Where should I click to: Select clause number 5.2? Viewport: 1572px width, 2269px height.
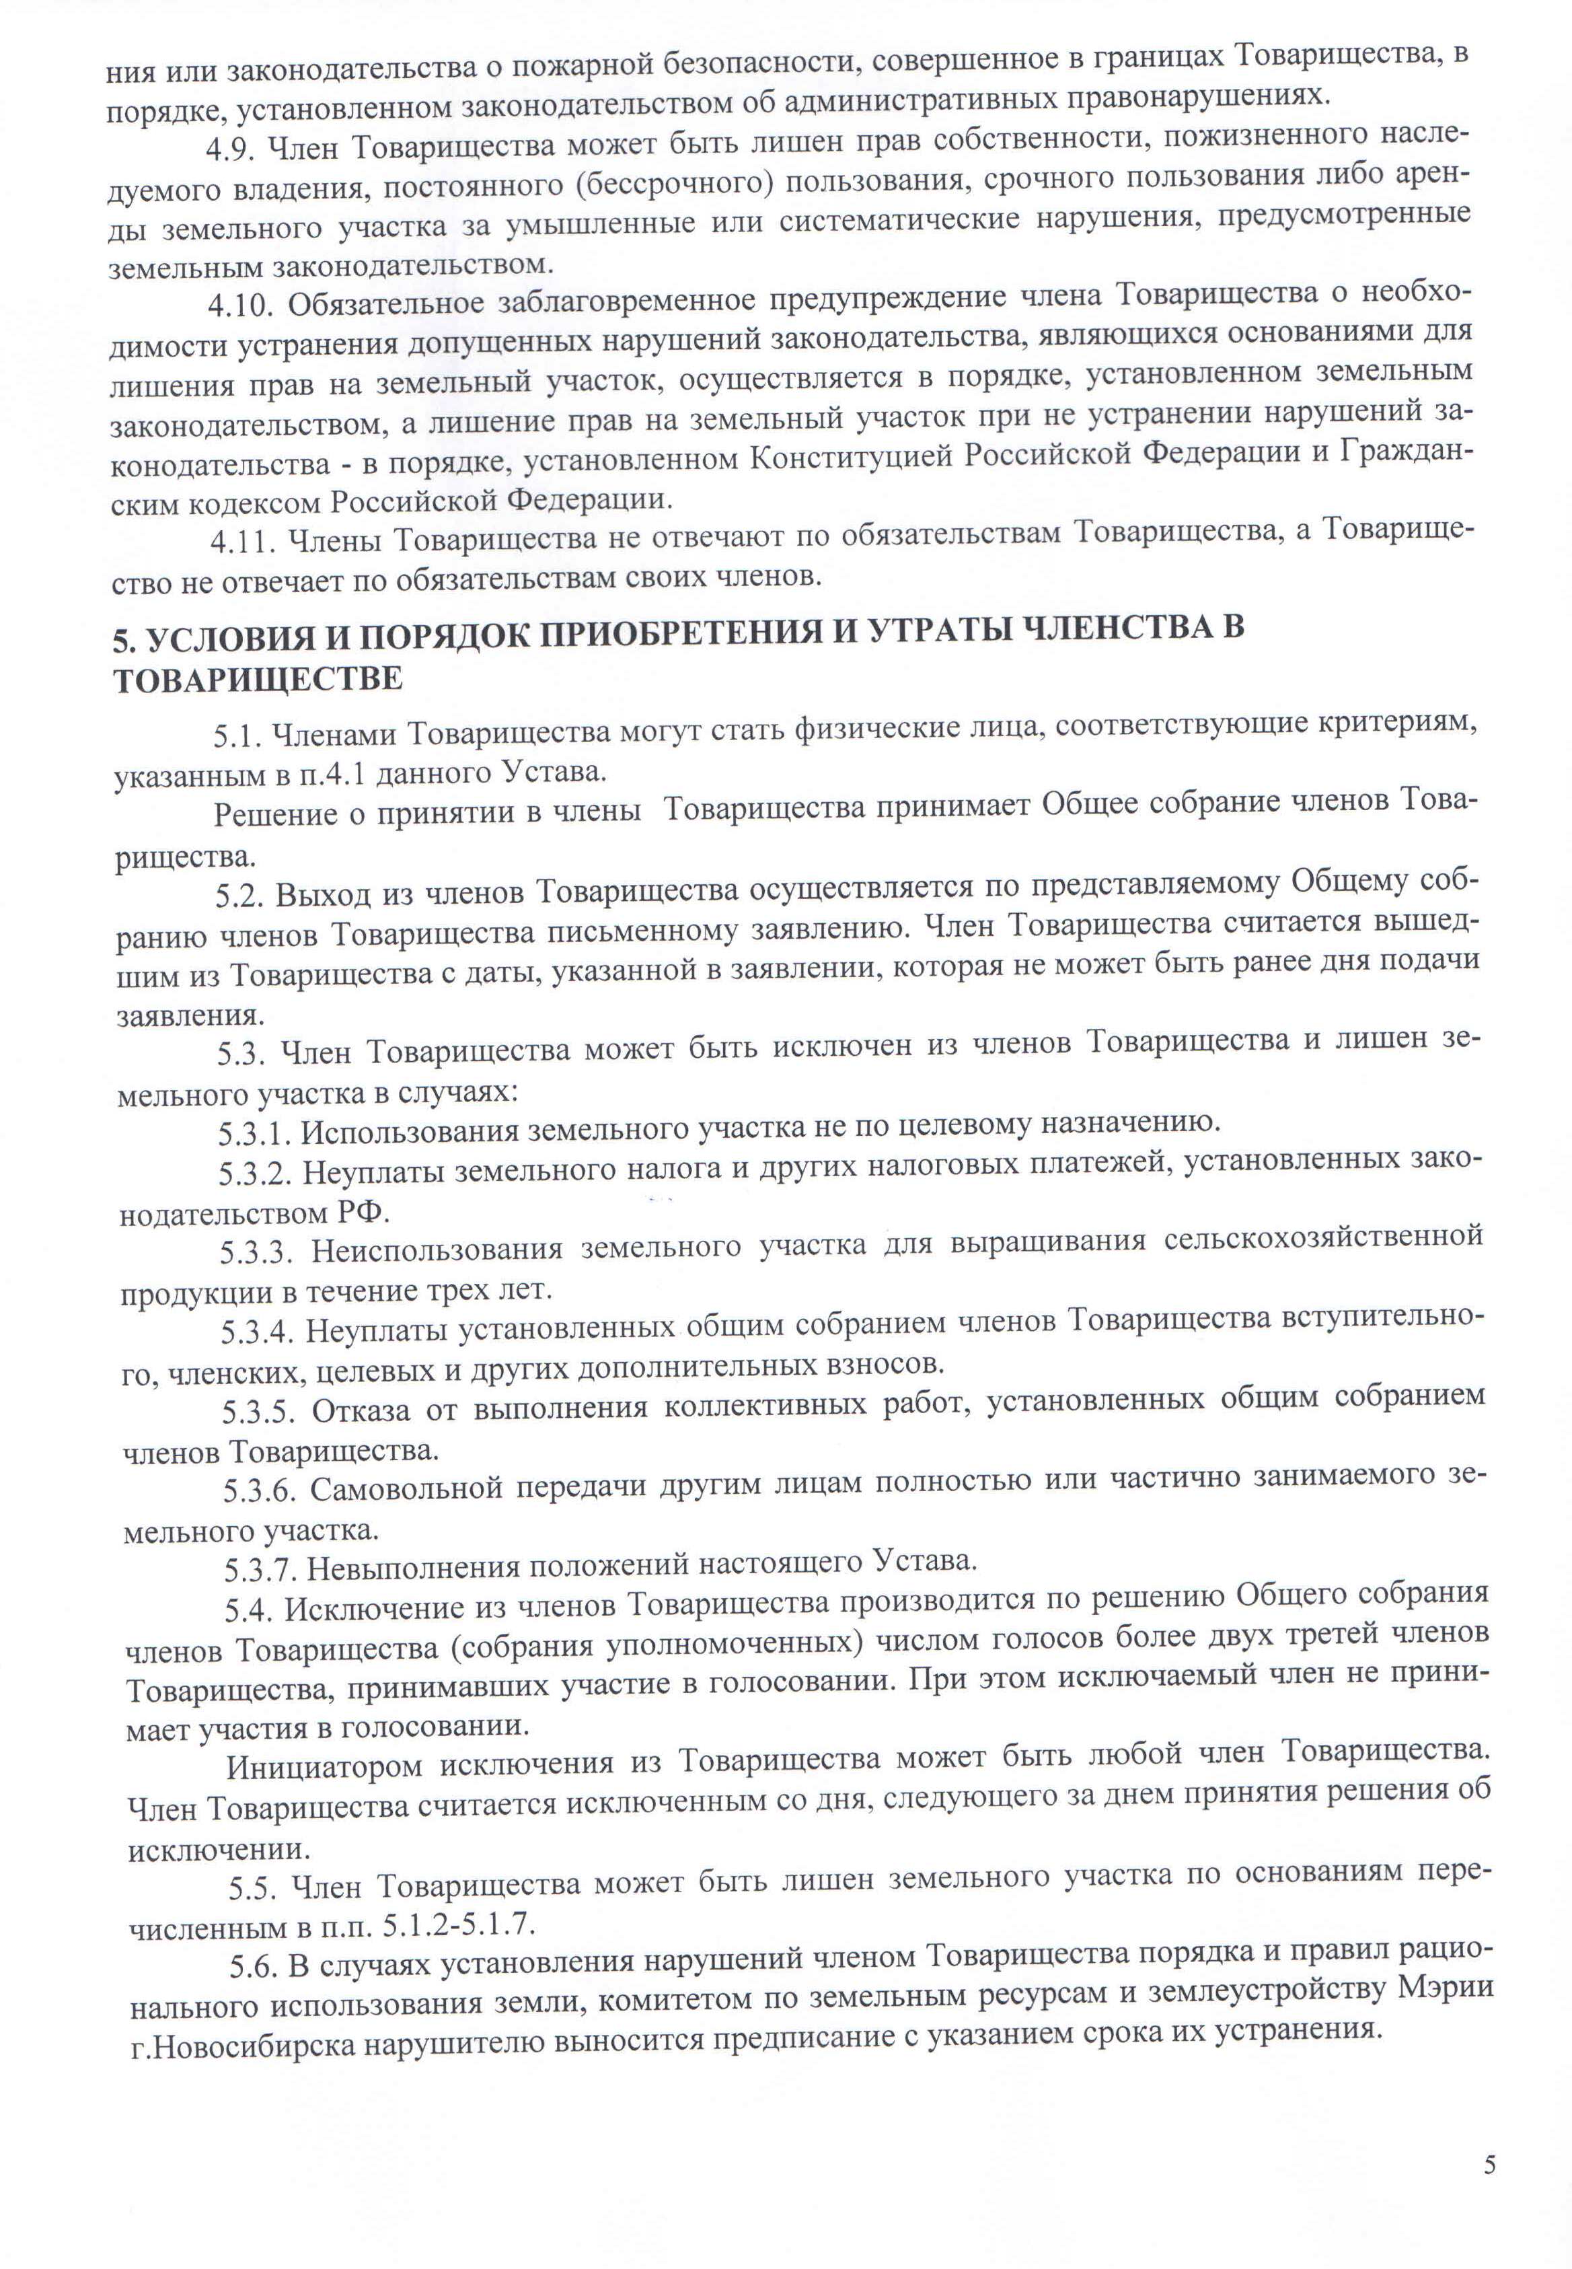click(239, 894)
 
